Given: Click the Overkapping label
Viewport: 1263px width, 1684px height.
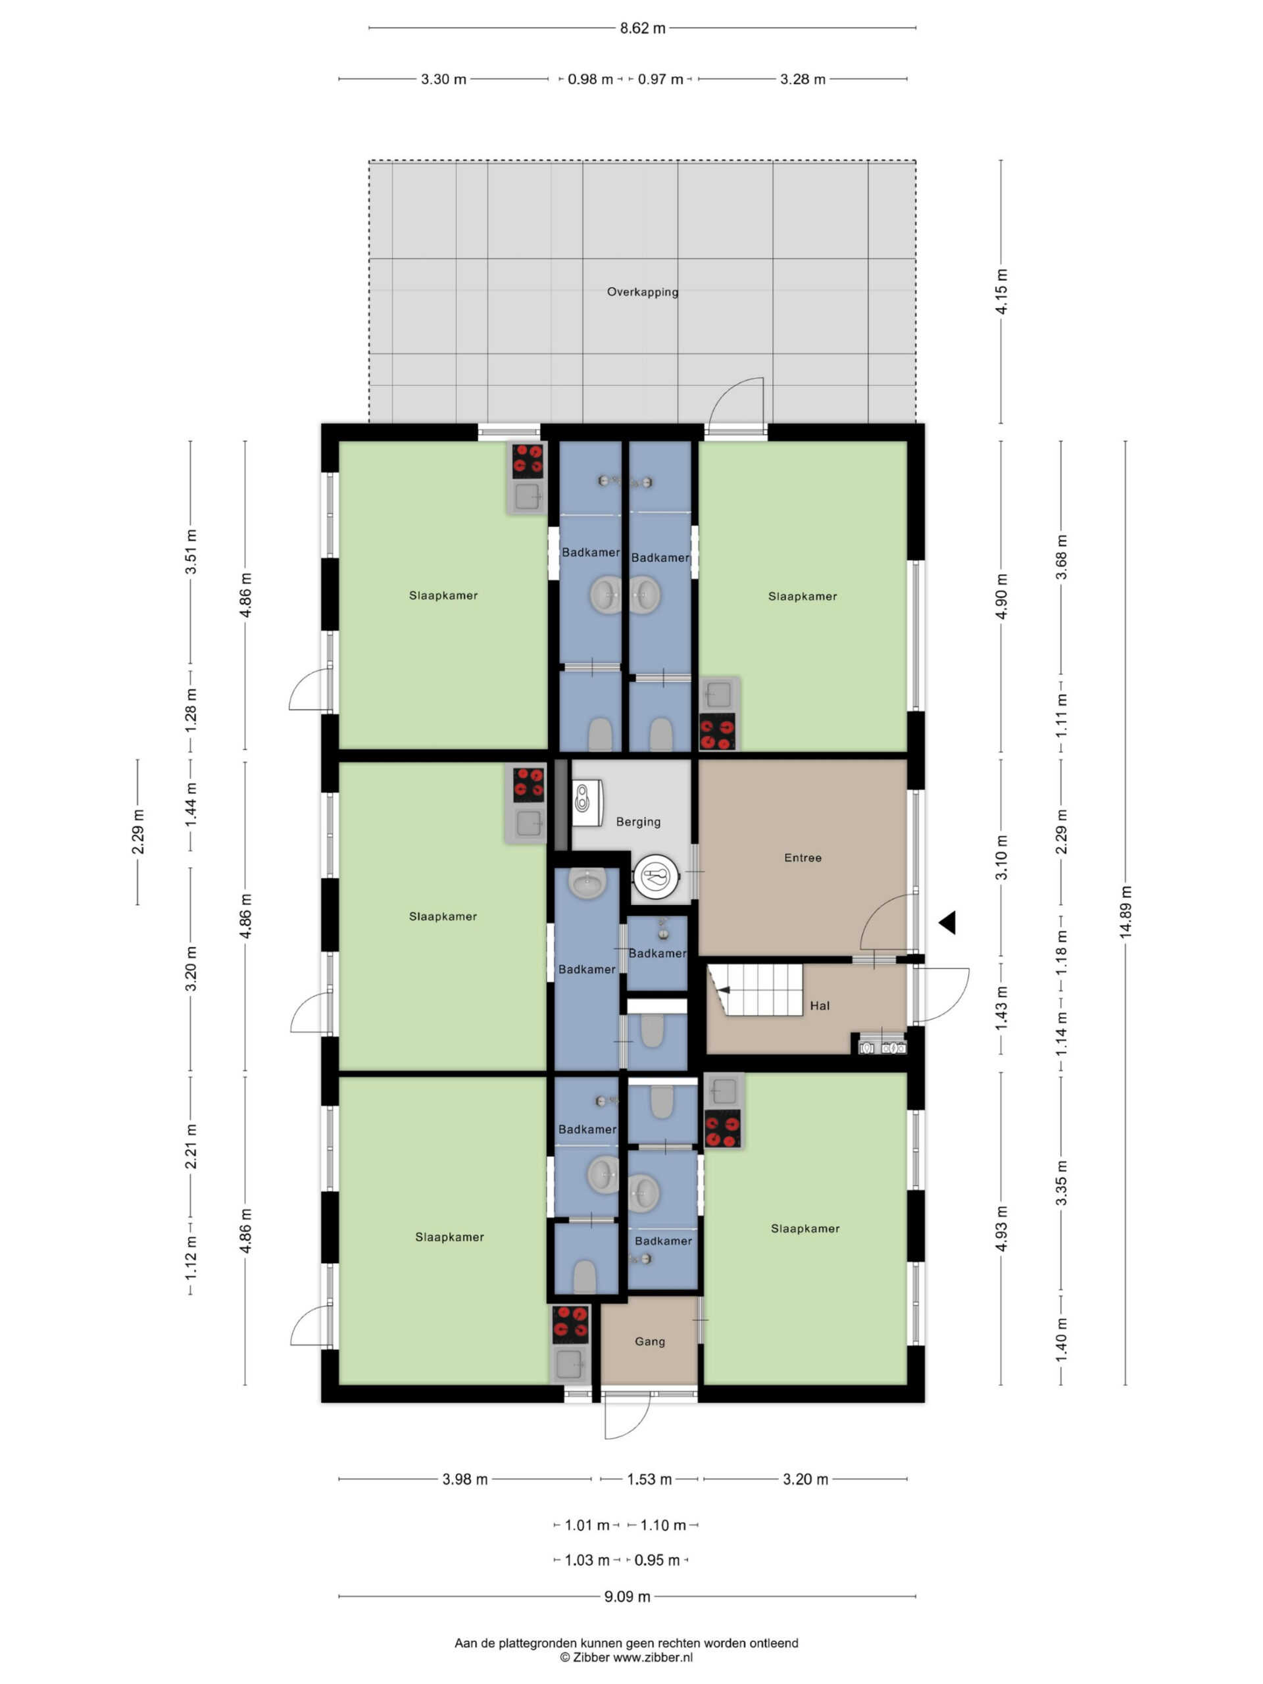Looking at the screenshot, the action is pos(643,291).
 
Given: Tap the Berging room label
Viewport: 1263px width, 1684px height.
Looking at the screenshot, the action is pos(638,822).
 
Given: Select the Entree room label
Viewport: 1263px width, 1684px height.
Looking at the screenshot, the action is pos(803,857).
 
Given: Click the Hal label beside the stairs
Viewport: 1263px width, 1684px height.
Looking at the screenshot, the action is pos(820,1006).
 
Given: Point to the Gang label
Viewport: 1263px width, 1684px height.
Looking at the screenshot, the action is pos(649,1341).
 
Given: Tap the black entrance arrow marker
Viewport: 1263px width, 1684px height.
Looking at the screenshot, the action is pos(947,923).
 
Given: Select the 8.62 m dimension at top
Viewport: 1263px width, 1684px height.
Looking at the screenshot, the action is pos(643,28).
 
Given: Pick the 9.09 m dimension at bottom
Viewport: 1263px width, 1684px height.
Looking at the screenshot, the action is pos(628,1597).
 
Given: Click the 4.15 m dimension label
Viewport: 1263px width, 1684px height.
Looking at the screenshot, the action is pos(1001,291).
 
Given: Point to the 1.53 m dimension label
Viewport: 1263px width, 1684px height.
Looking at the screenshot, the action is pos(649,1479).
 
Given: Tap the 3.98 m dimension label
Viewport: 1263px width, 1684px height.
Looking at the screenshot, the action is pos(464,1479).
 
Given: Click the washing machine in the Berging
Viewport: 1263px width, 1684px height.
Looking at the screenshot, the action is pos(587,802).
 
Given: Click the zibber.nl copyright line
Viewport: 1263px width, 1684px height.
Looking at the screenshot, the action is pos(626,1657).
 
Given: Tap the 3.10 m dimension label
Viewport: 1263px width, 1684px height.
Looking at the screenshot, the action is pos(1001,857).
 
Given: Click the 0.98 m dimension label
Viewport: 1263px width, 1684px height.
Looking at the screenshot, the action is pos(590,79).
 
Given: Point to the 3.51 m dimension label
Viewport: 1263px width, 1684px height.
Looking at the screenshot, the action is pos(190,552).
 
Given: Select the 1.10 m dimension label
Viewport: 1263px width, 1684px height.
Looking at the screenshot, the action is pos(662,1525).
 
